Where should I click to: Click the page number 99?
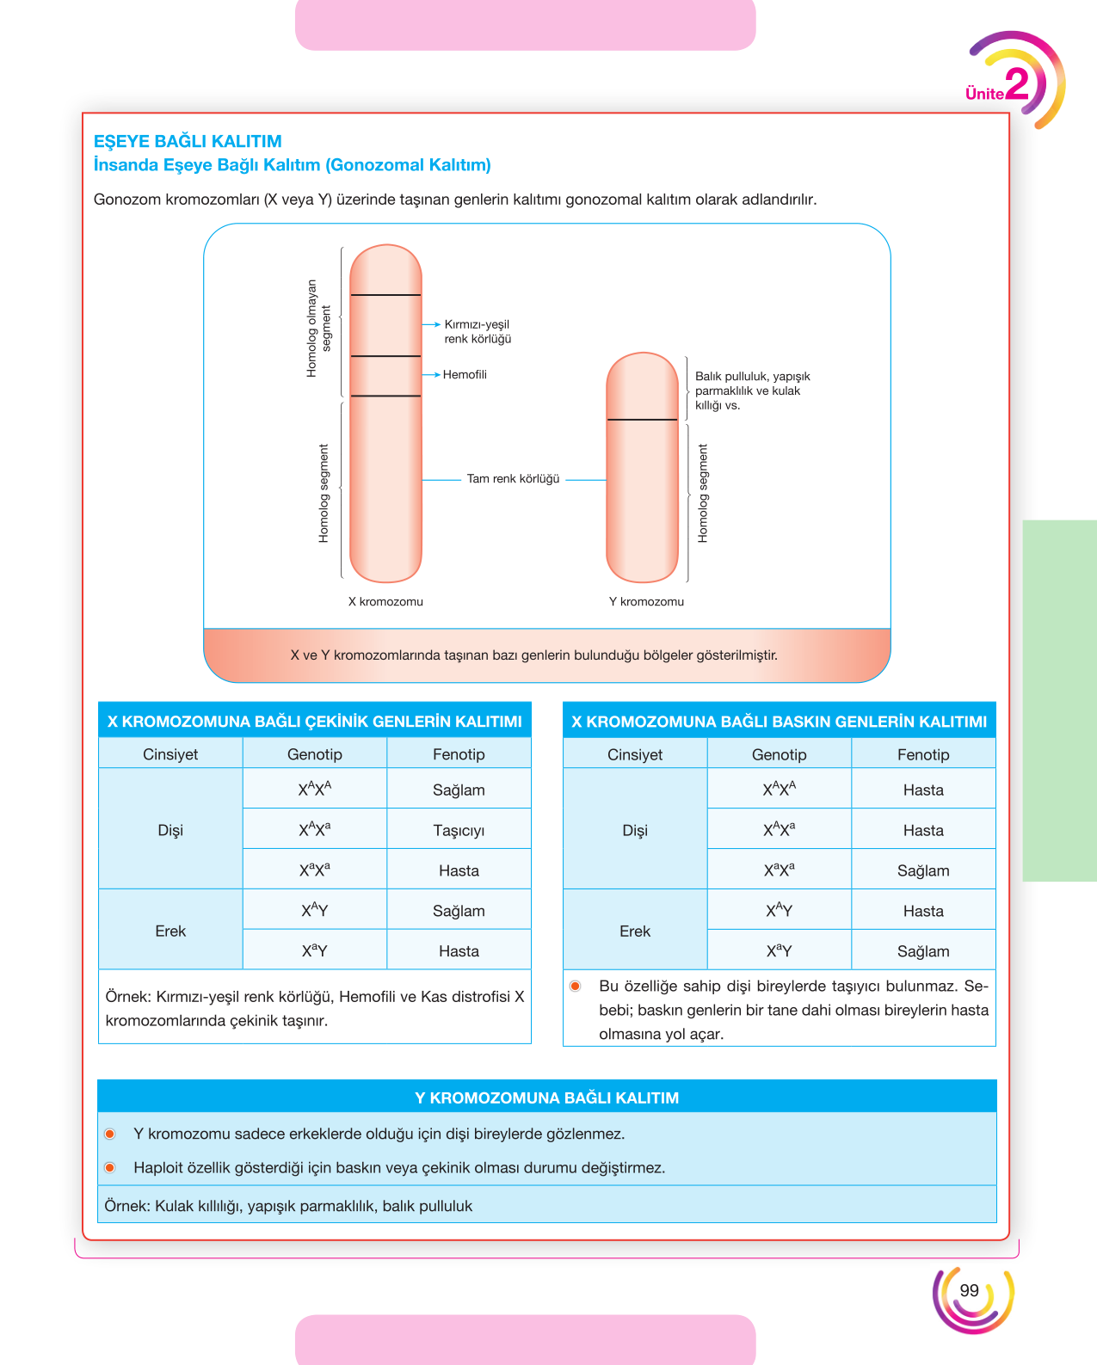[969, 1290]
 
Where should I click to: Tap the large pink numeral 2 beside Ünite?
[1017, 83]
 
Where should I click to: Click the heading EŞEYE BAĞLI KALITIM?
[188, 141]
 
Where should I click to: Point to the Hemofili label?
[465, 374]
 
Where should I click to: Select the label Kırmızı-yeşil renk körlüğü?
[478, 331]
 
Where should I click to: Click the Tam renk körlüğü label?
[513, 478]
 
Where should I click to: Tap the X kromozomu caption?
[385, 601]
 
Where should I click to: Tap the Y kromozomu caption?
[646, 601]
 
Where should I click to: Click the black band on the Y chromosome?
[642, 419]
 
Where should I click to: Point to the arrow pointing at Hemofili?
[431, 375]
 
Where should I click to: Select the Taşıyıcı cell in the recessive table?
[459, 830]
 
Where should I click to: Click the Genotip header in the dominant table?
[779, 754]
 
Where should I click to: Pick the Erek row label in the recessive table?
[170, 931]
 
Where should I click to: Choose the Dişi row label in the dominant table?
[634, 830]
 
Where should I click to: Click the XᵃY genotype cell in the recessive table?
[314, 950]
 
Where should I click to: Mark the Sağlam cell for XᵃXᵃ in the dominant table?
[922, 870]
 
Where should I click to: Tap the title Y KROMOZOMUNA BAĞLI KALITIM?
[546, 1098]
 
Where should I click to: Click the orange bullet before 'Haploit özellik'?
[110, 1168]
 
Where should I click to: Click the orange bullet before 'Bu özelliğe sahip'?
[575, 986]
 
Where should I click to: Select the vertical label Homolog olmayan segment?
[318, 329]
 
